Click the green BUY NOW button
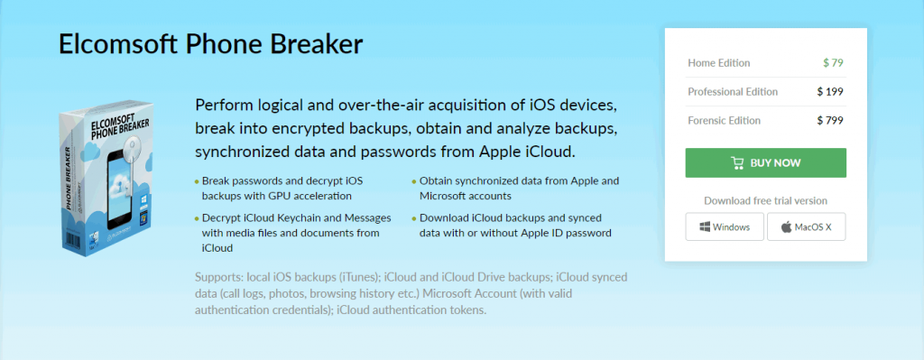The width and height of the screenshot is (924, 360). [x=765, y=162]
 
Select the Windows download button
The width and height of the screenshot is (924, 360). [x=725, y=226]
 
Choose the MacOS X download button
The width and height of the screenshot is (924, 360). [x=806, y=226]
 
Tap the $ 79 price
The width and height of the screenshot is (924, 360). [x=833, y=63]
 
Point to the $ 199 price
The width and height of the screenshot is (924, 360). [x=830, y=92]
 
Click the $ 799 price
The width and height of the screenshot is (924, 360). [x=830, y=121]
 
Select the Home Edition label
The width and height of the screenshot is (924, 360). [x=719, y=63]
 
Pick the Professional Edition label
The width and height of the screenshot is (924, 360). [x=733, y=92]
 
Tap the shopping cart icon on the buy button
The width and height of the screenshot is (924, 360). [x=737, y=163]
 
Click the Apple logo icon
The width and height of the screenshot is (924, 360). [x=786, y=226]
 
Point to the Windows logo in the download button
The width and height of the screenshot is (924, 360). [x=705, y=226]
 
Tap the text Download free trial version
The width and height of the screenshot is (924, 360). [x=765, y=201]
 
